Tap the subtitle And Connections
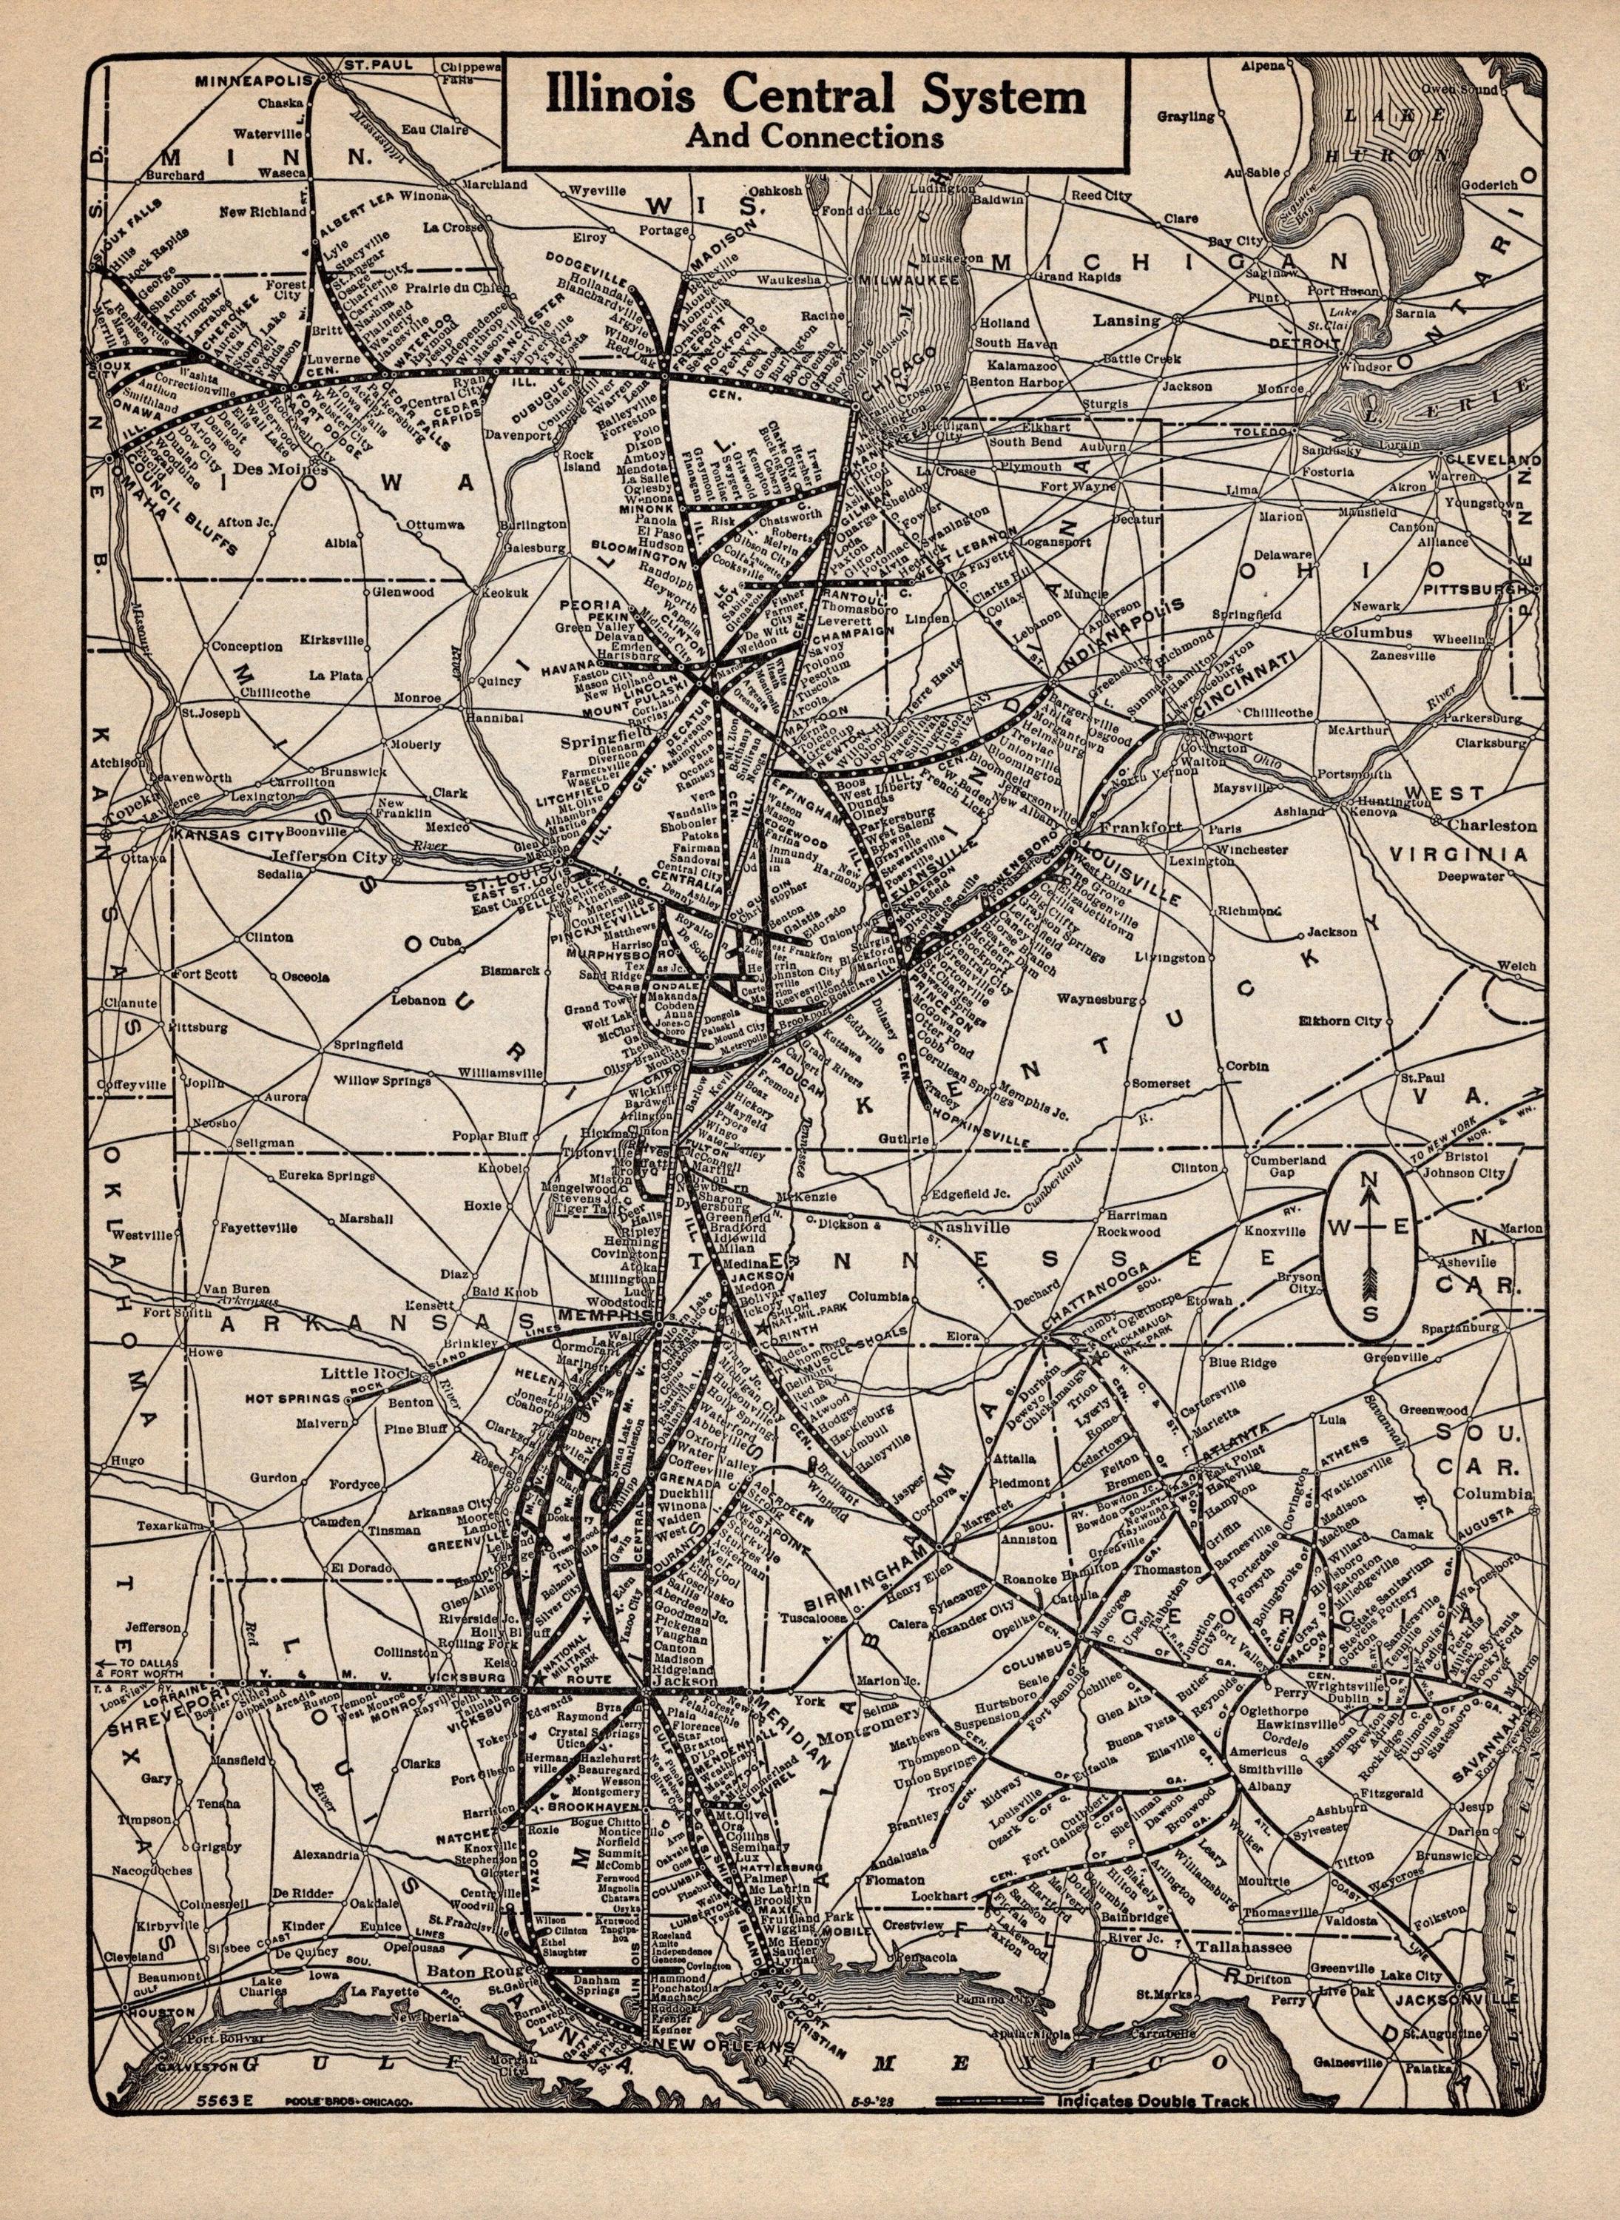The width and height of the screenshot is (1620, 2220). coord(815,138)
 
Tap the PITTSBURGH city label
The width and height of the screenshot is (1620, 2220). coord(1474,590)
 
